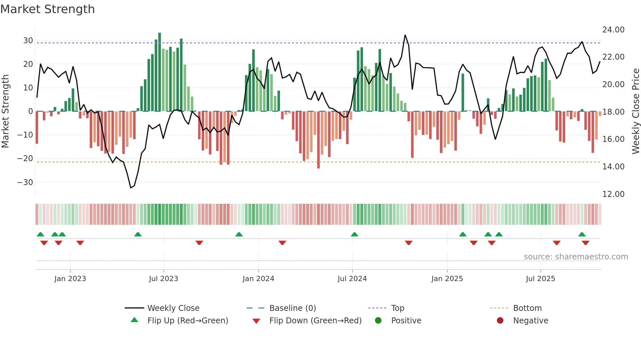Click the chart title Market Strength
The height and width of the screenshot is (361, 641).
pyautogui.click(x=47, y=9)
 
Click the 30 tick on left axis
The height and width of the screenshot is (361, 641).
pyautogui.click(x=28, y=41)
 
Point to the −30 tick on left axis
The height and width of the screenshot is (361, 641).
pyautogui.click(x=26, y=182)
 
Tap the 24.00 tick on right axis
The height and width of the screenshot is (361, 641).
pyautogui.click(x=613, y=30)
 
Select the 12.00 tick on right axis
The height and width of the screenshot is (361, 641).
pyautogui.click(x=613, y=194)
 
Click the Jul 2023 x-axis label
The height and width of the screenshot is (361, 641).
pyautogui.click(x=164, y=279)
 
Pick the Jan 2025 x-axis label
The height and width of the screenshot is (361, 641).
pyautogui.click(x=447, y=279)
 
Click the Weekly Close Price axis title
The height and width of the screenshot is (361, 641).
pyautogui.click(x=635, y=111)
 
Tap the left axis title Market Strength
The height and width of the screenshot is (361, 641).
pyautogui.click(x=6, y=111)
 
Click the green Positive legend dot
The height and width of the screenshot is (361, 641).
pyautogui.click(x=378, y=321)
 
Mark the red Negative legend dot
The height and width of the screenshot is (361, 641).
pyautogui.click(x=500, y=321)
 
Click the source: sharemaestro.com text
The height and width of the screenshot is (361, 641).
pyautogui.click(x=576, y=257)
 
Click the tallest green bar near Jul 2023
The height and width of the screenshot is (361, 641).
pyautogui.click(x=160, y=72)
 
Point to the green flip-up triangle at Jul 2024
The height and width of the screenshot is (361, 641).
pyautogui.click(x=355, y=234)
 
